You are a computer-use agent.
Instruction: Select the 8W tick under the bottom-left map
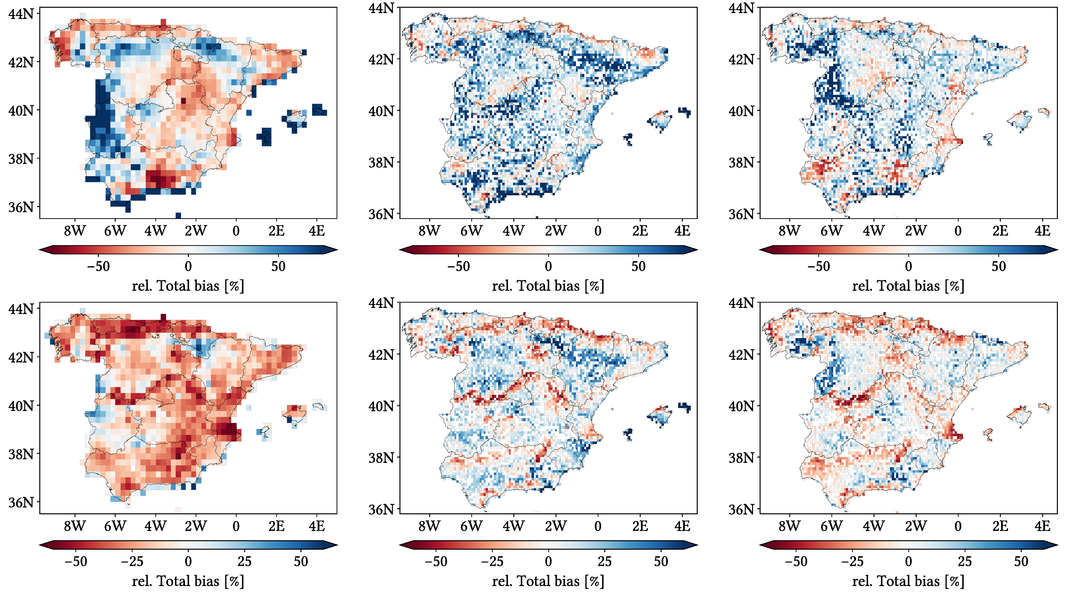[x=75, y=526]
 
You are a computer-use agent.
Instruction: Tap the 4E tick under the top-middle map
[x=682, y=231]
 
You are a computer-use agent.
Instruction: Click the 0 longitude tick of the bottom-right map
[x=958, y=526]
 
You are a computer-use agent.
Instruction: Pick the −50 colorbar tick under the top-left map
[x=99, y=266]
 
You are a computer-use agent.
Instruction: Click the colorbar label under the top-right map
[x=908, y=286]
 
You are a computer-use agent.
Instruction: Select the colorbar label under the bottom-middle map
[x=548, y=581]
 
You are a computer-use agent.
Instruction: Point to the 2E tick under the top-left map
[x=276, y=231]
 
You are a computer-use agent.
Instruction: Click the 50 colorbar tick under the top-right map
[x=999, y=266]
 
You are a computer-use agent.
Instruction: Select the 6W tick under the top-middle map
[x=472, y=231]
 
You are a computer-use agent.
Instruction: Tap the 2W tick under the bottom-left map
[x=196, y=526]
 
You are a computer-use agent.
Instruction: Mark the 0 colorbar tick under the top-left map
[x=188, y=266]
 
